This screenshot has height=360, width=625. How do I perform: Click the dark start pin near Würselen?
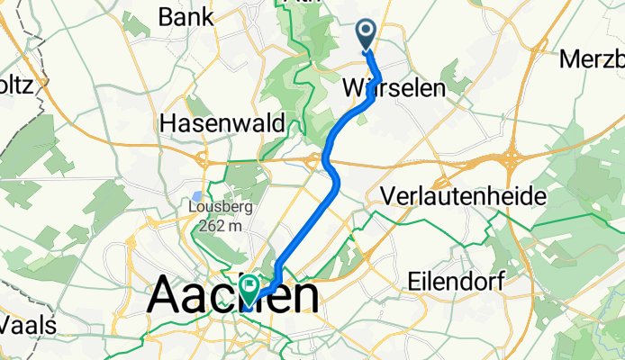point(367,34)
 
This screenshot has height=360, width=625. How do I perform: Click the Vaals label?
point(28,324)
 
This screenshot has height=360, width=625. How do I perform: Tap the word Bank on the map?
point(186,15)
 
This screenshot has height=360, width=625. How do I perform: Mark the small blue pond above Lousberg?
point(197,194)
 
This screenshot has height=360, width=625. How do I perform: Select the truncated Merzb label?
point(592,59)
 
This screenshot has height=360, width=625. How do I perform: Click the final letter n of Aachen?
point(303,296)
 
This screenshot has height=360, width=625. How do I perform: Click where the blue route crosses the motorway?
point(326,163)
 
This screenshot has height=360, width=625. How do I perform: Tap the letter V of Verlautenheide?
point(390,195)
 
